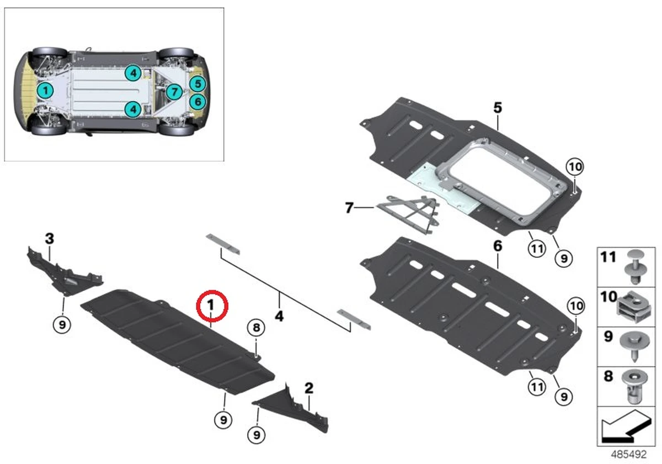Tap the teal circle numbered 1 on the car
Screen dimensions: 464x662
coord(46,90)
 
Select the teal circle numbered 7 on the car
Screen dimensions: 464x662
coord(173,91)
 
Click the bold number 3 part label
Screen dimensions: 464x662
coord(50,239)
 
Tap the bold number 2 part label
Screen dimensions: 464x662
coord(309,388)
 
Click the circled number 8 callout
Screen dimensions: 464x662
coord(255,328)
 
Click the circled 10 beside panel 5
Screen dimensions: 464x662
coord(575,166)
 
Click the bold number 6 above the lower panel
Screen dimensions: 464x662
coord(498,246)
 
